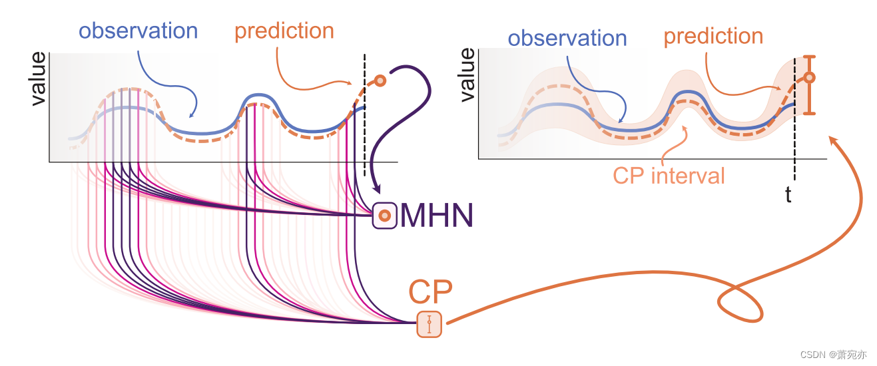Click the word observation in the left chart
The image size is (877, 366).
click(139, 31)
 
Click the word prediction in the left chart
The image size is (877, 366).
click(284, 31)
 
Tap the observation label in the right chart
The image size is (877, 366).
click(567, 38)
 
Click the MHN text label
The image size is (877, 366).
click(436, 216)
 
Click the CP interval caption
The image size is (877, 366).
click(669, 176)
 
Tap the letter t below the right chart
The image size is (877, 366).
click(788, 196)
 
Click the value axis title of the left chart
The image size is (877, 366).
click(39, 79)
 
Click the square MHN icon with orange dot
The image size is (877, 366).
click(384, 216)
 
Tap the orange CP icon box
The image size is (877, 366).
click(430, 324)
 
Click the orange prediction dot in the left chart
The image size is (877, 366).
click(380, 81)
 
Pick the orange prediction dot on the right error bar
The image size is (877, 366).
click(809, 78)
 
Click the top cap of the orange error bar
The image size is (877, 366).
click(809, 57)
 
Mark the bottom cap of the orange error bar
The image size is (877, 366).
click(809, 114)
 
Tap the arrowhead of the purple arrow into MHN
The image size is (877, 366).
click(377, 190)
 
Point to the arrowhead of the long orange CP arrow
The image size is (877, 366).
click(830, 138)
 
